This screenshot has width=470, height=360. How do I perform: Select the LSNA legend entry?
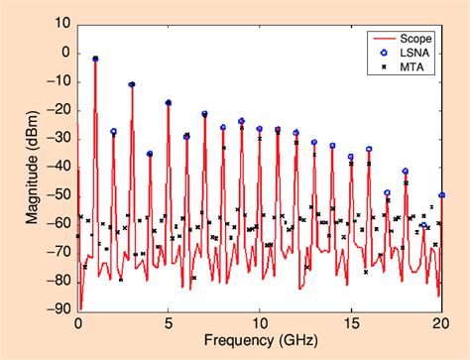[x=407, y=54]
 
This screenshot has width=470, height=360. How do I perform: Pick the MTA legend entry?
[x=405, y=68]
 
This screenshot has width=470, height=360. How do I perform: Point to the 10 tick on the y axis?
[x=60, y=22]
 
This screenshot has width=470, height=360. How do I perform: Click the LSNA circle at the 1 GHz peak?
[x=95, y=60]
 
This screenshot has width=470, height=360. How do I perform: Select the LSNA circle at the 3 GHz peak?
[x=132, y=84]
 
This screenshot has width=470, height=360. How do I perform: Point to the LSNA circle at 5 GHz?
[x=169, y=103]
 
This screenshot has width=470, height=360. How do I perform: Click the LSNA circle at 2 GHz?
[x=114, y=131]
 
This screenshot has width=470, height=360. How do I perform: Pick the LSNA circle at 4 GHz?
[x=150, y=154]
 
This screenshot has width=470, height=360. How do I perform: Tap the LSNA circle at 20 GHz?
[x=441, y=195]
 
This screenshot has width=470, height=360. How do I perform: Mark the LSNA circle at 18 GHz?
[x=405, y=172]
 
